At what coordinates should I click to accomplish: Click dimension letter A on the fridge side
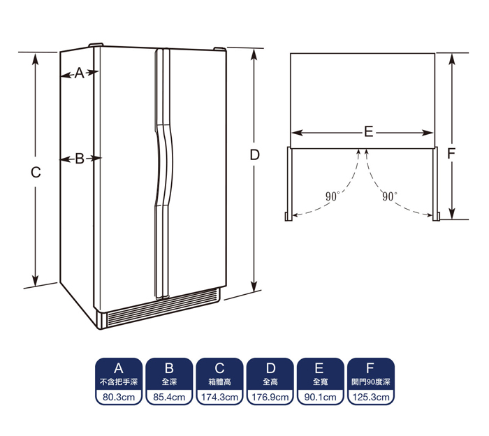(80, 73)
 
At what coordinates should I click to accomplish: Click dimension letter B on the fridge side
(80, 159)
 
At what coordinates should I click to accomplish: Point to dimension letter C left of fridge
(36, 172)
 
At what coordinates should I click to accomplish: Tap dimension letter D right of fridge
(255, 155)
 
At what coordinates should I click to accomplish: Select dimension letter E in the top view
(369, 132)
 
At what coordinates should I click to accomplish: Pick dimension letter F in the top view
(451, 154)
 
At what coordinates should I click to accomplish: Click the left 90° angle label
(332, 196)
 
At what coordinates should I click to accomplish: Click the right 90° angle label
(390, 196)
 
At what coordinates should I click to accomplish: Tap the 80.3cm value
(119, 397)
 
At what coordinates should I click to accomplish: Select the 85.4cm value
(169, 397)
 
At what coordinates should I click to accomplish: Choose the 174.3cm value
(219, 397)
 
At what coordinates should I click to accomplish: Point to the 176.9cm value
(270, 397)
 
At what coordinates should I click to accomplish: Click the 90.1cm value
(320, 397)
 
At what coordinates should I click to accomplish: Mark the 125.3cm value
(371, 397)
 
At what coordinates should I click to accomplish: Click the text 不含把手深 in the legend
(119, 381)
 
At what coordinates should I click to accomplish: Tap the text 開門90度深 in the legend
(371, 381)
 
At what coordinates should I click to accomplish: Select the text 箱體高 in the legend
(219, 381)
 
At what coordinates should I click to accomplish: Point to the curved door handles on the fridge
(163, 173)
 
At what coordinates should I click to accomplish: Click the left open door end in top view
(289, 217)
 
